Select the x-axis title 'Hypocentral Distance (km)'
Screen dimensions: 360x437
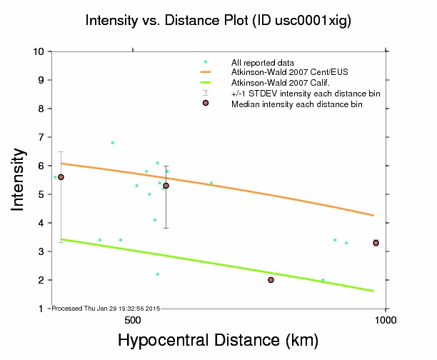point(218,341)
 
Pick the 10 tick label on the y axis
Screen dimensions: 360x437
point(39,51)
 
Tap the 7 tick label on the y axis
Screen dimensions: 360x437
point(42,137)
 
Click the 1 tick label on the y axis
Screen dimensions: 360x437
point(42,309)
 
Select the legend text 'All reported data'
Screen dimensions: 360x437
point(262,63)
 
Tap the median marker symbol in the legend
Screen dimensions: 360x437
point(206,103)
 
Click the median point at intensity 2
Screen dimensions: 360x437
point(271,280)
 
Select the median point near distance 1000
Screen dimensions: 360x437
point(376,243)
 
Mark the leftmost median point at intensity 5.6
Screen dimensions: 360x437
point(61,177)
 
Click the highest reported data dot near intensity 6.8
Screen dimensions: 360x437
point(112,143)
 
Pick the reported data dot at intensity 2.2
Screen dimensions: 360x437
point(157,274)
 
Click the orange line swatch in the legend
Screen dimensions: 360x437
point(206,73)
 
